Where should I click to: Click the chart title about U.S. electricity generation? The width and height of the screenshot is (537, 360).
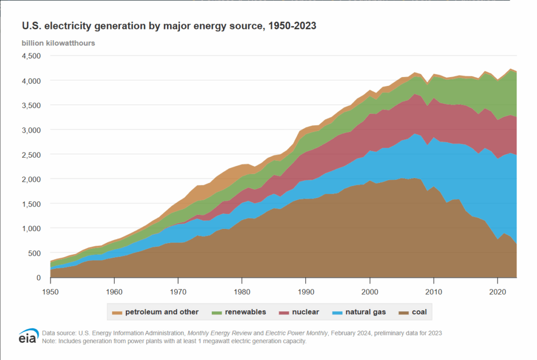pyautogui.click(x=168, y=26)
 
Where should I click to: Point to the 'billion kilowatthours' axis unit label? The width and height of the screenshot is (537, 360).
pyautogui.click(x=58, y=43)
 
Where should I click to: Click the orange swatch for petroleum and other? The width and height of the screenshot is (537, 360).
pyautogui.click(x=117, y=312)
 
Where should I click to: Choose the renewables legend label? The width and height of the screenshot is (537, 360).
pyautogui.click(x=245, y=312)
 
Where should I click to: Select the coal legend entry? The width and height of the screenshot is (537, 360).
pyautogui.click(x=420, y=312)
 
